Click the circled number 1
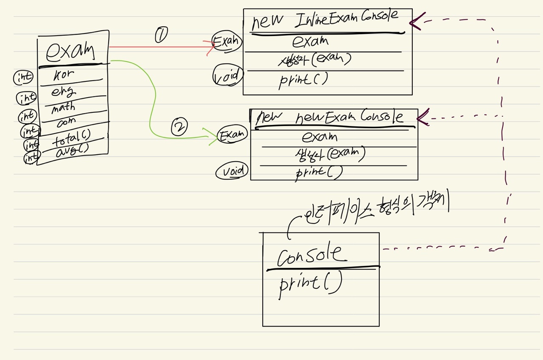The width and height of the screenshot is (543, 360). coord(161,35)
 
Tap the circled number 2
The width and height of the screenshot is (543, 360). coord(179,127)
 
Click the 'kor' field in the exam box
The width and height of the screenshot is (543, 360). coord(64,75)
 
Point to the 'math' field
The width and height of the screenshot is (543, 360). coord(63,108)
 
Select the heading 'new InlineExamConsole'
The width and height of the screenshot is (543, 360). coord(325,20)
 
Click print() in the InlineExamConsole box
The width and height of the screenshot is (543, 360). coord(303,80)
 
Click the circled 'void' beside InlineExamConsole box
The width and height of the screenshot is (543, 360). coord(228,75)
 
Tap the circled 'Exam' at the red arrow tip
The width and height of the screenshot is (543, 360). coord(227,42)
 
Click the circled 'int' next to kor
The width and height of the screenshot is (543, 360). coord(24,77)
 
